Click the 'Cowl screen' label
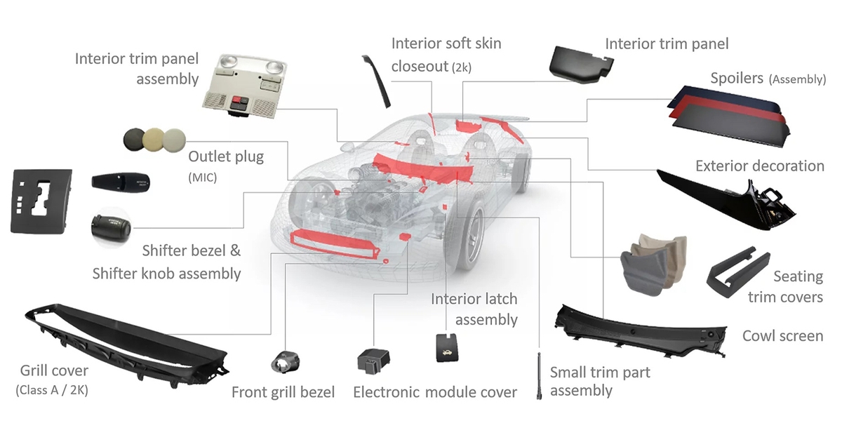click(x=782, y=336)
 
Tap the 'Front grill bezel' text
click(x=283, y=392)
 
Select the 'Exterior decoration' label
click(x=759, y=166)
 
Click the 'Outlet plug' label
click(x=226, y=156)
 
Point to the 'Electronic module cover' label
click(x=434, y=392)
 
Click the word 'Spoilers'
click(x=736, y=78)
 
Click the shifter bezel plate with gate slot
click(x=41, y=201)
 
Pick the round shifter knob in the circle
click(x=111, y=227)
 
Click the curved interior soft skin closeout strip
click(x=376, y=81)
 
